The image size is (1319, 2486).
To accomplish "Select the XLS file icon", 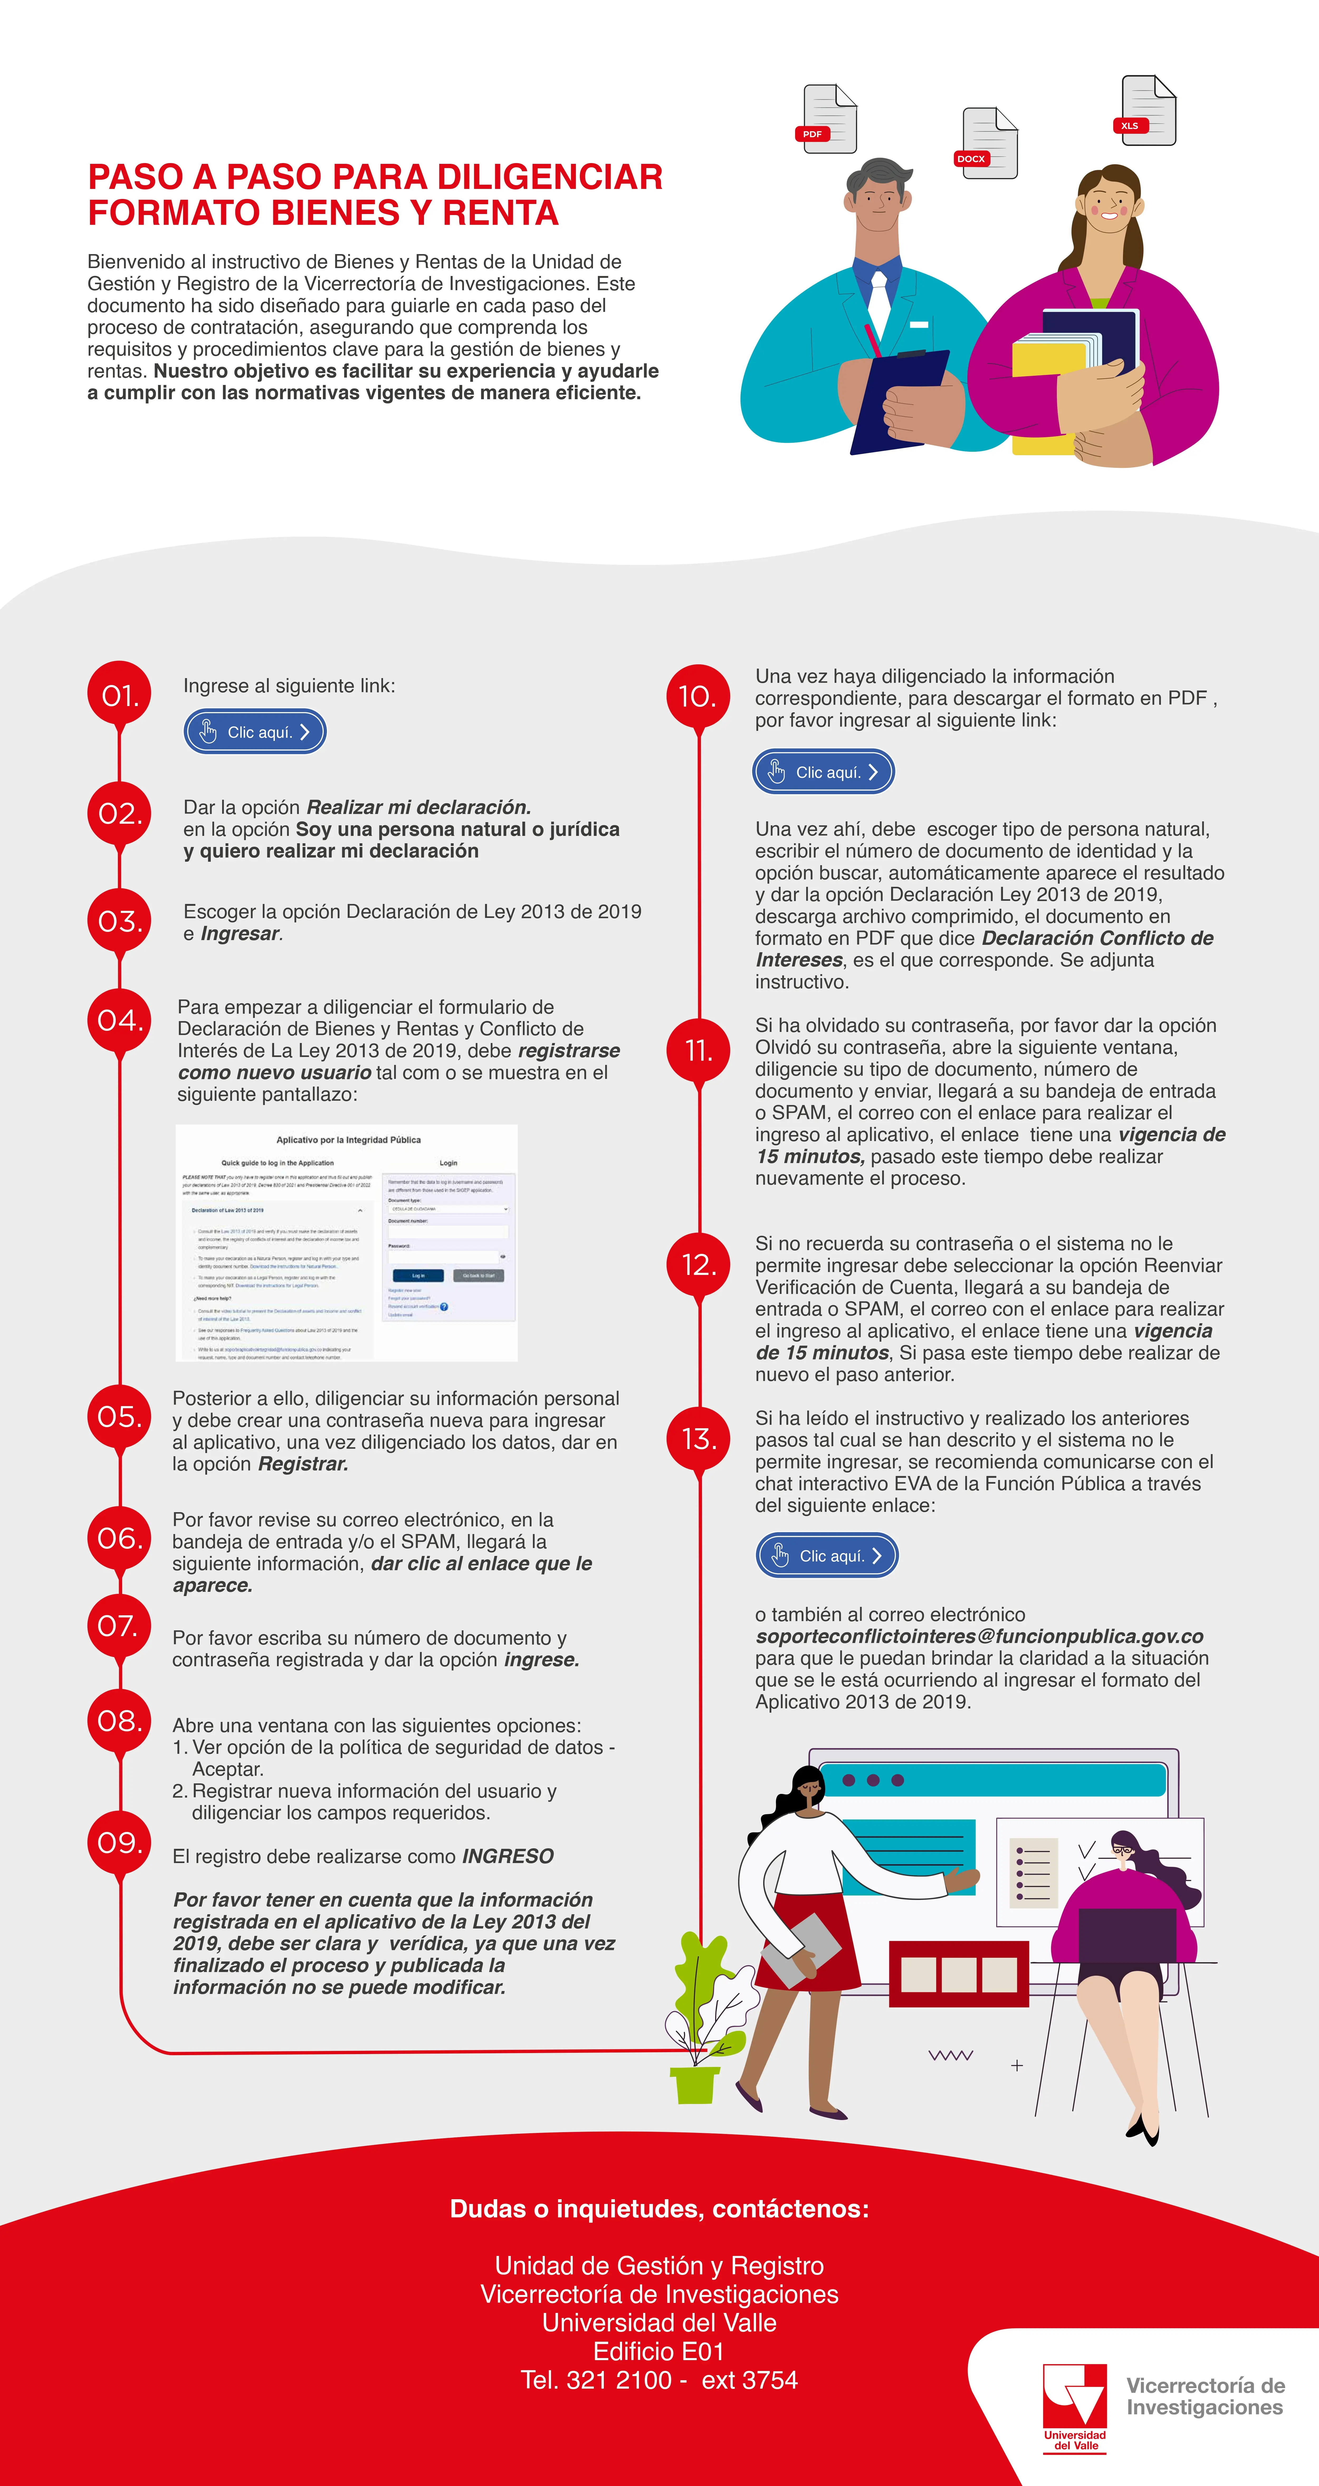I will click(x=1147, y=111).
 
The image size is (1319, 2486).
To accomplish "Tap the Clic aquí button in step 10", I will click(x=823, y=772).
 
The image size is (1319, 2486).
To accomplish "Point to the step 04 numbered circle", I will click(x=120, y=1020).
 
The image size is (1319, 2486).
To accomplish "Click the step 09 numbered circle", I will click(x=120, y=1842).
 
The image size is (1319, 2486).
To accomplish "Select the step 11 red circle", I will click(x=699, y=1050).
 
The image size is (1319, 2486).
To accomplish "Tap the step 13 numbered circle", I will click(x=699, y=1439).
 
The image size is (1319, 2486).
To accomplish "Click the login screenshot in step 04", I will click(x=346, y=1243).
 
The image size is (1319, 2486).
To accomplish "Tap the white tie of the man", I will click(x=879, y=299).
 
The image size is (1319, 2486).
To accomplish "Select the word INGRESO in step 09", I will click(x=508, y=1857).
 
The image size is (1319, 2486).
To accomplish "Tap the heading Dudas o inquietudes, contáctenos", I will click(x=659, y=2209).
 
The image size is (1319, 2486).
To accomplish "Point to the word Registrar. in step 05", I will click(x=303, y=1464).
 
